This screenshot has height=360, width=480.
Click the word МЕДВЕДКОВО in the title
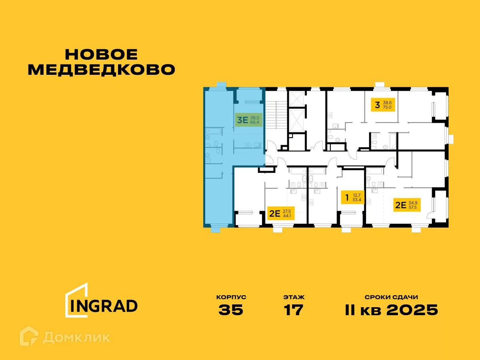(102, 69)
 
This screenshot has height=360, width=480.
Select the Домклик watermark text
(76, 337)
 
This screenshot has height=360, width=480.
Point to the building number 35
(231, 310)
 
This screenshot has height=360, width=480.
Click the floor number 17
(294, 310)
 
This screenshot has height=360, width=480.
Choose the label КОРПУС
(231, 297)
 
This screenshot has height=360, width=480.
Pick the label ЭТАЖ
(294, 297)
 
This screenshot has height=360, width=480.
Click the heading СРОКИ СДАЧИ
(391, 297)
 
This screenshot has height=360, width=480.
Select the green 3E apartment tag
(248, 120)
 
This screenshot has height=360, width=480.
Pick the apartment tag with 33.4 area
(352, 197)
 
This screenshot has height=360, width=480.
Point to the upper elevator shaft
(297, 98)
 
